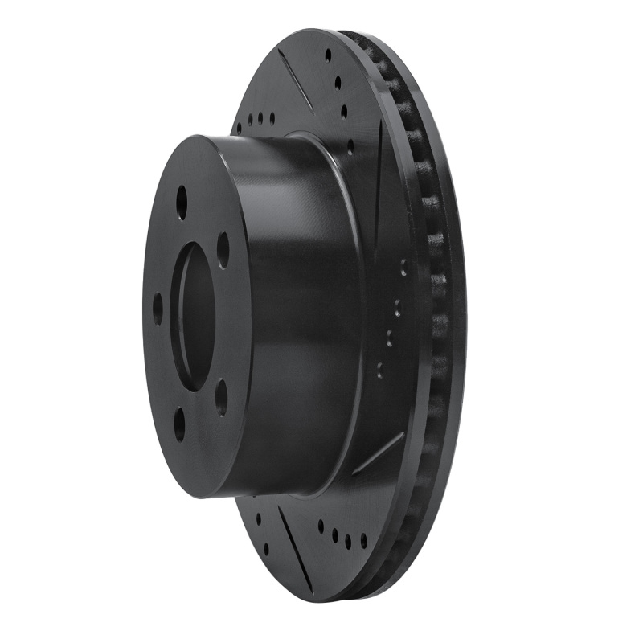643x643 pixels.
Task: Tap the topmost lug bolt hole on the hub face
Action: (182, 202)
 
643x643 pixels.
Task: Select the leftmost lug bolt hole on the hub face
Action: (158, 309)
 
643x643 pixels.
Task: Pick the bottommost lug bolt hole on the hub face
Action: (179, 424)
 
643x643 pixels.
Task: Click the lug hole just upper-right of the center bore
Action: (223, 250)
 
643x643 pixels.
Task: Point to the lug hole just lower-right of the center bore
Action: (221, 397)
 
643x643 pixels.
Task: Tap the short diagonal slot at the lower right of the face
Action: (378, 453)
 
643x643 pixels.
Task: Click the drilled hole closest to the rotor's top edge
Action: (328, 55)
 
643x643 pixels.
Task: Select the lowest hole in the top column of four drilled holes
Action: (350, 147)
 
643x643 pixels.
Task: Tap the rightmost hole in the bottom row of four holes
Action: (363, 541)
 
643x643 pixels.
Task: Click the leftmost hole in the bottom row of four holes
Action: (321, 526)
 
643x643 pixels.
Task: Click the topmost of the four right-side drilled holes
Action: (403, 266)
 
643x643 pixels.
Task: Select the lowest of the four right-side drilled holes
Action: (380, 371)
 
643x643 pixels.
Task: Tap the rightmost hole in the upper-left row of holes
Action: (272, 118)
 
